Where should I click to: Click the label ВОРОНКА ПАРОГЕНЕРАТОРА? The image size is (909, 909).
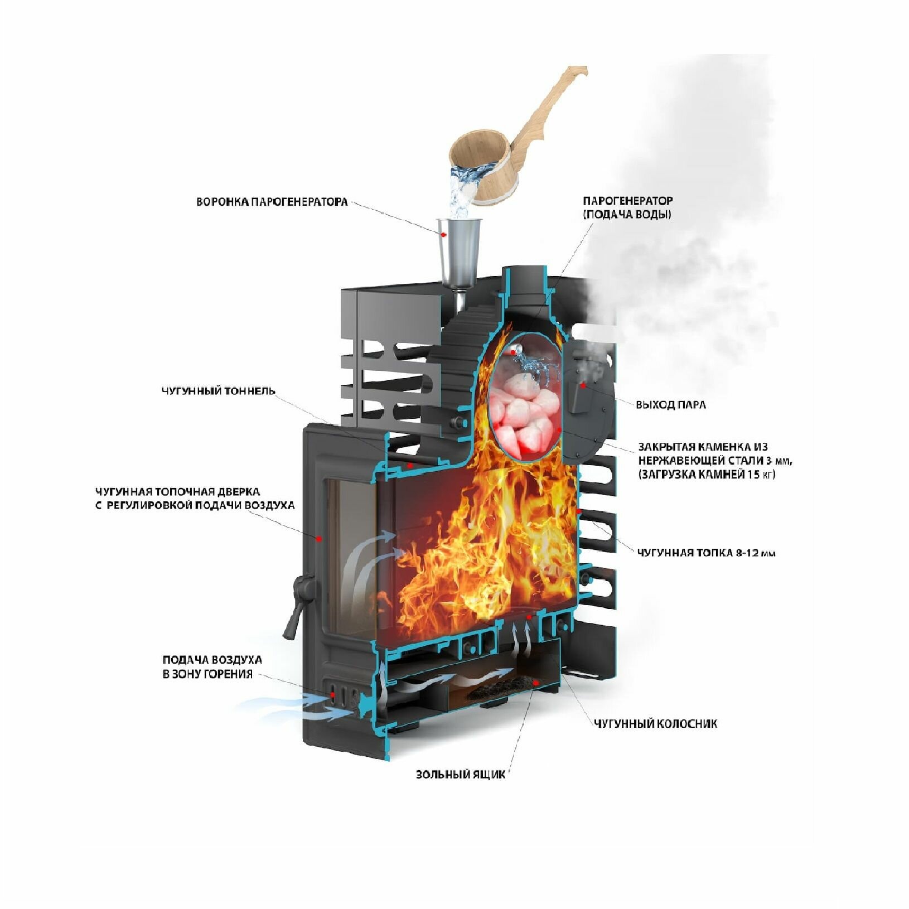tap(272, 202)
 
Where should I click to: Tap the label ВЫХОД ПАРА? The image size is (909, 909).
tap(670, 405)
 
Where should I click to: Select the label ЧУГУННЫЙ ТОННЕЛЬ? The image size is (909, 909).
tap(218, 391)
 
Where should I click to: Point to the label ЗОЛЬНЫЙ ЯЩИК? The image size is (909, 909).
tap(460, 775)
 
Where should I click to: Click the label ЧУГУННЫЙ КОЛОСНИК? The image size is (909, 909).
tap(655, 724)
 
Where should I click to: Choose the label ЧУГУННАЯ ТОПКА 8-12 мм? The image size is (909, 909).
tap(706, 553)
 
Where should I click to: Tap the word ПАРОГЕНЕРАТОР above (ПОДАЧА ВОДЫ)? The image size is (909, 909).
tap(627, 201)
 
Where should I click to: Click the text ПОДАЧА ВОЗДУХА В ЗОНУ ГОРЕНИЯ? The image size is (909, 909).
tap(212, 667)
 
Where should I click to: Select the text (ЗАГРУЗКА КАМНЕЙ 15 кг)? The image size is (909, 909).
tap(707, 475)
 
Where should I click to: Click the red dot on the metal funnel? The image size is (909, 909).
tap(444, 235)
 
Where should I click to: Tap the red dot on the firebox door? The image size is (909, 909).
tap(319, 538)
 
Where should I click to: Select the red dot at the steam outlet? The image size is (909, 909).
tap(583, 385)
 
